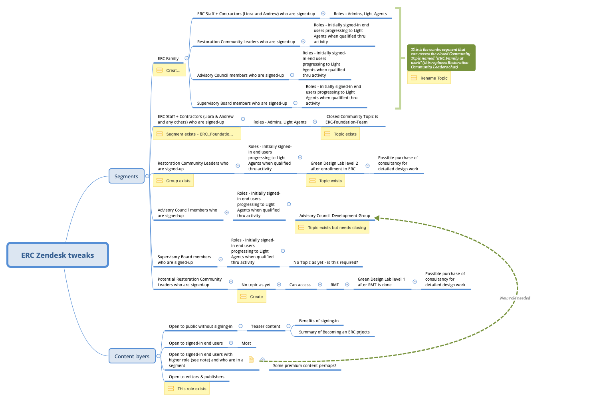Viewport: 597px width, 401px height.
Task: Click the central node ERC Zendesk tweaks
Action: [x=58, y=255]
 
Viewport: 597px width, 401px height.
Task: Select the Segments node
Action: [x=126, y=176]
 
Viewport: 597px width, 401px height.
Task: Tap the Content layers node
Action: [x=132, y=356]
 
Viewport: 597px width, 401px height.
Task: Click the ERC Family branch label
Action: [x=168, y=58]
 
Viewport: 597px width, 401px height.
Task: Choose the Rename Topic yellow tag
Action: [x=429, y=78]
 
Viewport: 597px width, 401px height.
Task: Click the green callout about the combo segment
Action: [x=441, y=58]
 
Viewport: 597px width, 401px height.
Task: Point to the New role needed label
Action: [x=515, y=298]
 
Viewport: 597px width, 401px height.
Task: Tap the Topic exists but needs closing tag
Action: [x=332, y=227]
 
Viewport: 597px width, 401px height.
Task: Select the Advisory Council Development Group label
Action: [x=335, y=215]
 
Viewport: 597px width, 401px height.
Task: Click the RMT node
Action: [x=335, y=285]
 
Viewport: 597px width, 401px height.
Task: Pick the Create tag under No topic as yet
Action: [x=252, y=297]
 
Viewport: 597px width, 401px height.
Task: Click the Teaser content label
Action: [x=266, y=326]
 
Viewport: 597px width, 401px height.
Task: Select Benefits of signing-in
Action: [x=319, y=321]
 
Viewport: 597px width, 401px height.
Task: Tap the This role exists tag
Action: [x=187, y=389]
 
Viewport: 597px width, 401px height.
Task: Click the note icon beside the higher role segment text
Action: [x=251, y=359]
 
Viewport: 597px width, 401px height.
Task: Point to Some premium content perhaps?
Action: [x=305, y=365]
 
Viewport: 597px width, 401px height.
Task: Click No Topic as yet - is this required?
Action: [x=325, y=262]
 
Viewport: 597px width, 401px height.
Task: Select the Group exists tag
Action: [x=173, y=181]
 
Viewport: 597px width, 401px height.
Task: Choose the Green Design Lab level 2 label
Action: [x=334, y=166]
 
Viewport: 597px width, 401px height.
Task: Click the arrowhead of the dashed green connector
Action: [x=377, y=218]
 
